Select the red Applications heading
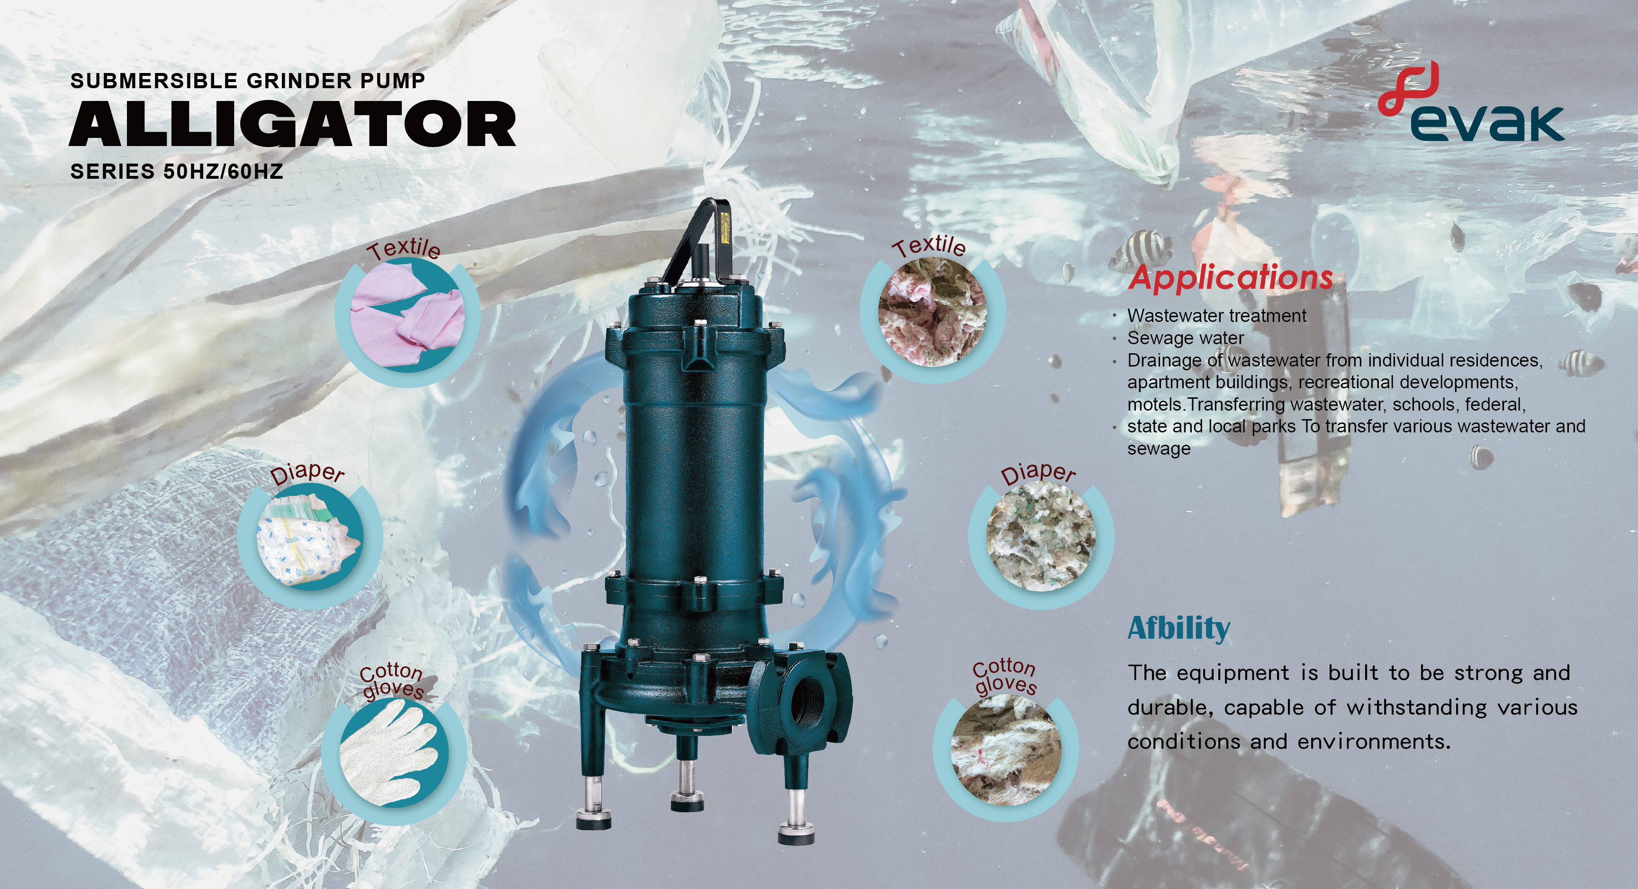(x=1231, y=278)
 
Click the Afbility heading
(x=1178, y=629)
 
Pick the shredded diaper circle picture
(x=1041, y=536)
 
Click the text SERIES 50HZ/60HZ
(x=177, y=172)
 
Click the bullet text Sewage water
(x=1185, y=338)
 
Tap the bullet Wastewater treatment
(x=1217, y=316)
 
